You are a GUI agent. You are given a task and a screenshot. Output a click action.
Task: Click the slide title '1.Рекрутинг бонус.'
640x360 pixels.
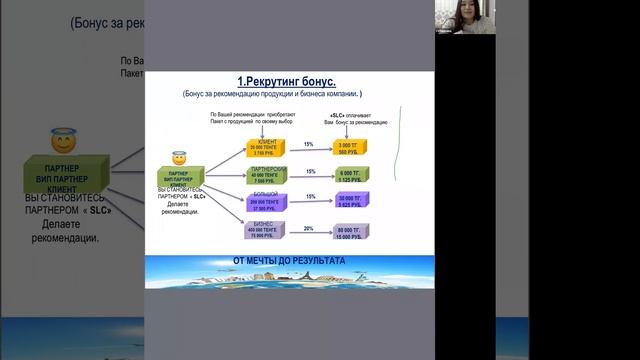click(x=289, y=80)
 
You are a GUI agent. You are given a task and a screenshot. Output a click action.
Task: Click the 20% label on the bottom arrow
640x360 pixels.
click(x=310, y=228)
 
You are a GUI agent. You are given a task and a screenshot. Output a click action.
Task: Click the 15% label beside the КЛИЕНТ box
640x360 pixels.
click(x=310, y=143)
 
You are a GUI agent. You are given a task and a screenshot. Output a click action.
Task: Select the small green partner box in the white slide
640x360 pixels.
click(x=180, y=176)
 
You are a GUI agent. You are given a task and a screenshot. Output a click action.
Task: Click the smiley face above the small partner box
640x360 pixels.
click(x=179, y=158)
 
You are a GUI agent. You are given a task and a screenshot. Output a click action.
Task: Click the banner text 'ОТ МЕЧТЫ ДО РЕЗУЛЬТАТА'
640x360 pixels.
click(x=289, y=261)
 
